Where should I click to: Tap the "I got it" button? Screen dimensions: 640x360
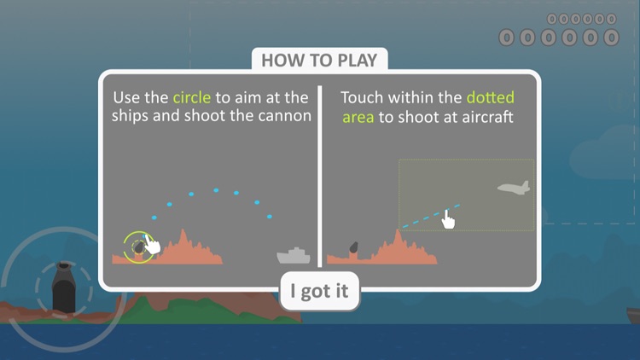(319, 291)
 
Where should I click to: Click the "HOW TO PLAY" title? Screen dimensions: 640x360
(319, 61)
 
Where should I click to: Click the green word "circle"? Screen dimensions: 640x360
(192, 97)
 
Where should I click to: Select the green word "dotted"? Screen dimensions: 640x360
(490, 97)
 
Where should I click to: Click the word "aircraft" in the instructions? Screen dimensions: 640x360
(487, 117)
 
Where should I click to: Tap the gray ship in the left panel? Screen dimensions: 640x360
(294, 256)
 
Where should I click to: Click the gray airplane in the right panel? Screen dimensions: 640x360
(514, 188)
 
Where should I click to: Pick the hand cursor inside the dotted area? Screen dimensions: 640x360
(448, 219)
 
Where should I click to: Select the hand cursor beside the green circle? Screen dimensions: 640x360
(152, 245)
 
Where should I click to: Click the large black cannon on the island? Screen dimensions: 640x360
(64, 287)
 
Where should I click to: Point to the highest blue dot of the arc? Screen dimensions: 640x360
(216, 190)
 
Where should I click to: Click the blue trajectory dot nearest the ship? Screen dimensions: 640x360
(270, 217)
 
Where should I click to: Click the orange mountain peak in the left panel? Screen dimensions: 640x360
(183, 232)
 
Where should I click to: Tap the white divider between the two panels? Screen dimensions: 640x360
(320, 177)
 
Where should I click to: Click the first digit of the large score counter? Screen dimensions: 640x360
(507, 38)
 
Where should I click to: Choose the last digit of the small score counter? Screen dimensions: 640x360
(611, 19)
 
